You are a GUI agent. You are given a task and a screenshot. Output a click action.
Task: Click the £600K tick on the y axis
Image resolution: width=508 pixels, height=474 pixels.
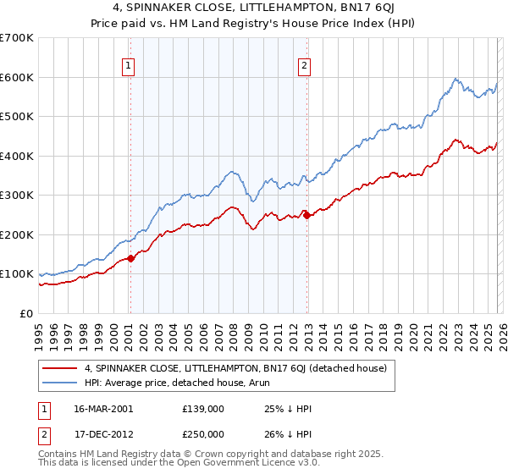[17, 77]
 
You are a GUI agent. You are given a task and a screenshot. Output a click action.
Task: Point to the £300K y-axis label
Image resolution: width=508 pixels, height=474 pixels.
[17, 196]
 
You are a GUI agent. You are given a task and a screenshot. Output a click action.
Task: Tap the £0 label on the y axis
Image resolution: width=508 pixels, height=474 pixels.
[27, 314]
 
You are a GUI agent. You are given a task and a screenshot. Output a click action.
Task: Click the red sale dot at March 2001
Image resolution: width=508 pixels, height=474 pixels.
[131, 258]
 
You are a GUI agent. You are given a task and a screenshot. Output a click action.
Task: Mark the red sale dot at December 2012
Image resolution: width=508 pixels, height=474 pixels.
[306, 215]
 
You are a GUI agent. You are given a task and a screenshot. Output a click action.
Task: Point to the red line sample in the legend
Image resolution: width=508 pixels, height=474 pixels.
[60, 368]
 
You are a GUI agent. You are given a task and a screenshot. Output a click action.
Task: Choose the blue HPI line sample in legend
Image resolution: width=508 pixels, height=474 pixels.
[60, 382]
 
